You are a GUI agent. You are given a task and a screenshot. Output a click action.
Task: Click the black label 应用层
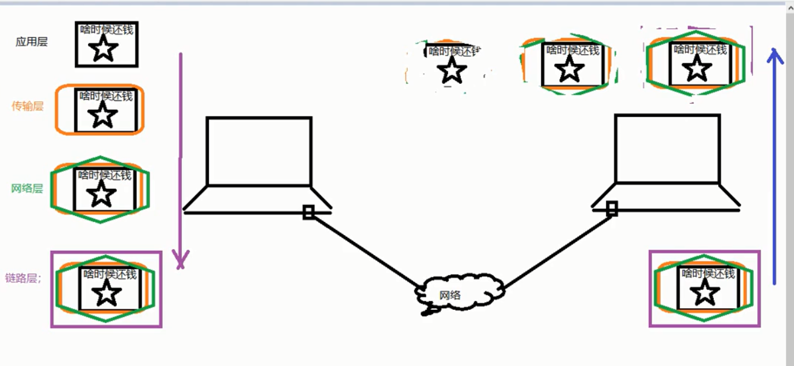click(x=31, y=42)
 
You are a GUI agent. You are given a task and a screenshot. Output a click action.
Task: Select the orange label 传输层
click(x=28, y=107)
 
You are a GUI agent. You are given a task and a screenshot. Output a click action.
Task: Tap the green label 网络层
click(x=27, y=188)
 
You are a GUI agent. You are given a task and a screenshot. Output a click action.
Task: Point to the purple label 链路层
click(x=22, y=278)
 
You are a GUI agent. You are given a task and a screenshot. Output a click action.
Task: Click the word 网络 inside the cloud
click(x=449, y=295)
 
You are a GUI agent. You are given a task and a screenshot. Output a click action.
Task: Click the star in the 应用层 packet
click(x=104, y=48)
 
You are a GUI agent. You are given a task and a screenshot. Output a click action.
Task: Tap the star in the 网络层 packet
click(x=101, y=194)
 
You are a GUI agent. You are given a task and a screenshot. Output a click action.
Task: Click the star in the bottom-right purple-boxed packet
click(x=704, y=293)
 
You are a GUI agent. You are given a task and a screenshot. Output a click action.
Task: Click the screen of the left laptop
click(x=259, y=151)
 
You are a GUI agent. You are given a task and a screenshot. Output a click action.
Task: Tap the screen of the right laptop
click(x=667, y=148)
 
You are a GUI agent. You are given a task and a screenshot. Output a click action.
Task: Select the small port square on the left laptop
click(x=308, y=212)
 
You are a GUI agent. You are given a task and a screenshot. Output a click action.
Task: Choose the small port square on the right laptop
click(x=612, y=209)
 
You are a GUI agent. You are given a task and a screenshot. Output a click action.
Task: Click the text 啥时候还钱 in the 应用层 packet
click(x=107, y=30)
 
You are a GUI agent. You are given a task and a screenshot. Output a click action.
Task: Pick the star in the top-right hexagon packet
click(x=698, y=68)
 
